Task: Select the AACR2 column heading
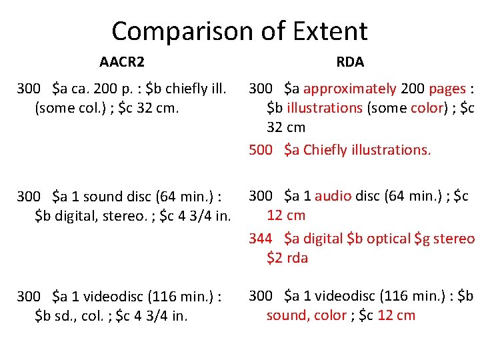[122, 63]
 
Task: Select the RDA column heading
[350, 62]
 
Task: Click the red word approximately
[349, 89]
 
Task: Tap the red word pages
[447, 89]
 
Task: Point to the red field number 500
[261, 150]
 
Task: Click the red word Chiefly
[325, 150]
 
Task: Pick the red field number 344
[261, 238]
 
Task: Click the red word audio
[333, 195]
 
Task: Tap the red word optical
[385, 238]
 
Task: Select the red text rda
[297, 258]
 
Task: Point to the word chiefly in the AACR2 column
[184, 89]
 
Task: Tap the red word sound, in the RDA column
[287, 315]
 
